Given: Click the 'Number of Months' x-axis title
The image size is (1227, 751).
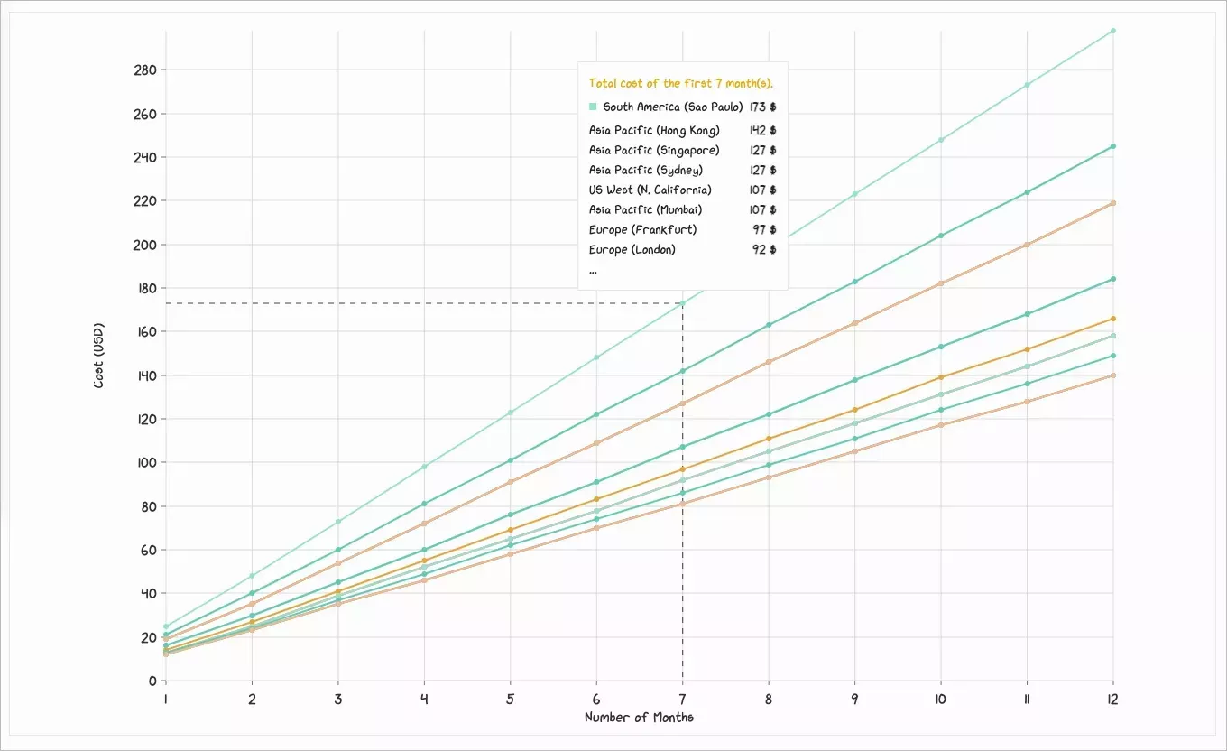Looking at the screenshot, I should click(x=639, y=718).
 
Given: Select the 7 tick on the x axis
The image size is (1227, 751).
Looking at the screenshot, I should click(x=682, y=698).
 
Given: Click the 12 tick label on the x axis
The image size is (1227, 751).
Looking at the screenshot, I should click(x=1112, y=698).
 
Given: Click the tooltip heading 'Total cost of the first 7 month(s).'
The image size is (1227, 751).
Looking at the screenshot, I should click(x=681, y=83).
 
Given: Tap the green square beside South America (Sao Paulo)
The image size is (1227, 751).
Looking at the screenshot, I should click(x=593, y=107).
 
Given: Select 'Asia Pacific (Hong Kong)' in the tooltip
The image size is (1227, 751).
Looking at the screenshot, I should click(x=654, y=130).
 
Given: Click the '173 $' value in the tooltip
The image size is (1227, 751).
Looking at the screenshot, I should click(x=762, y=107).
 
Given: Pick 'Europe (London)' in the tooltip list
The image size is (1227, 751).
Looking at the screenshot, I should click(x=632, y=249).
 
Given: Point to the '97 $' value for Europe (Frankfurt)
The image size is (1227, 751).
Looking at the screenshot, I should click(x=764, y=229).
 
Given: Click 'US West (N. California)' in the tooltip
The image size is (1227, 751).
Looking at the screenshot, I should click(x=650, y=190).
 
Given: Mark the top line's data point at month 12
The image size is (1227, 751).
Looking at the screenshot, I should click(x=1112, y=31).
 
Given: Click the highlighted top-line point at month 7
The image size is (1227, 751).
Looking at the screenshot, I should click(x=682, y=302).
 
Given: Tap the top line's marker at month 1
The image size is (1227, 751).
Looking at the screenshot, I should click(x=166, y=626).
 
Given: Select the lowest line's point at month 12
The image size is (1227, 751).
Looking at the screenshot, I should click(x=1112, y=375).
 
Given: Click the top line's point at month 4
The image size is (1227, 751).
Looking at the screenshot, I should click(x=424, y=467).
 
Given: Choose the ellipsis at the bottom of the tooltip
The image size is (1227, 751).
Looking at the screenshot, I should click(x=593, y=271).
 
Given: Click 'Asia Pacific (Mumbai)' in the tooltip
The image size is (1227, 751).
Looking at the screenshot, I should click(x=645, y=209).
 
